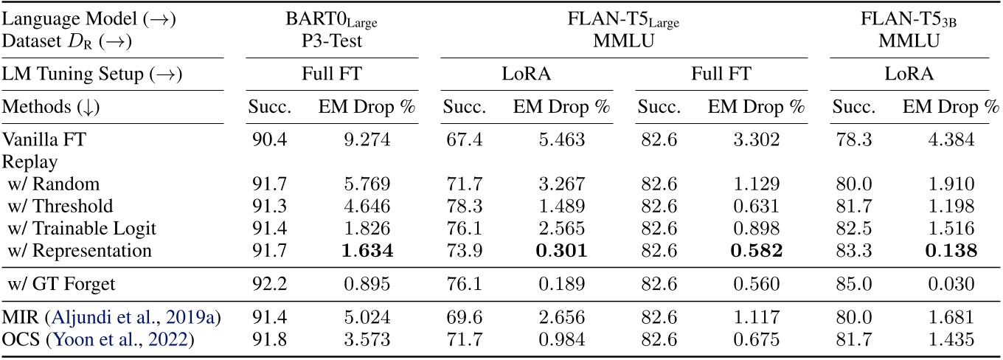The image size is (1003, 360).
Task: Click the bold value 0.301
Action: click(x=562, y=251)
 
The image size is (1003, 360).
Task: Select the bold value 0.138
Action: click(x=951, y=251)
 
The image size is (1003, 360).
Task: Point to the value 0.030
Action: click(x=951, y=282)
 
